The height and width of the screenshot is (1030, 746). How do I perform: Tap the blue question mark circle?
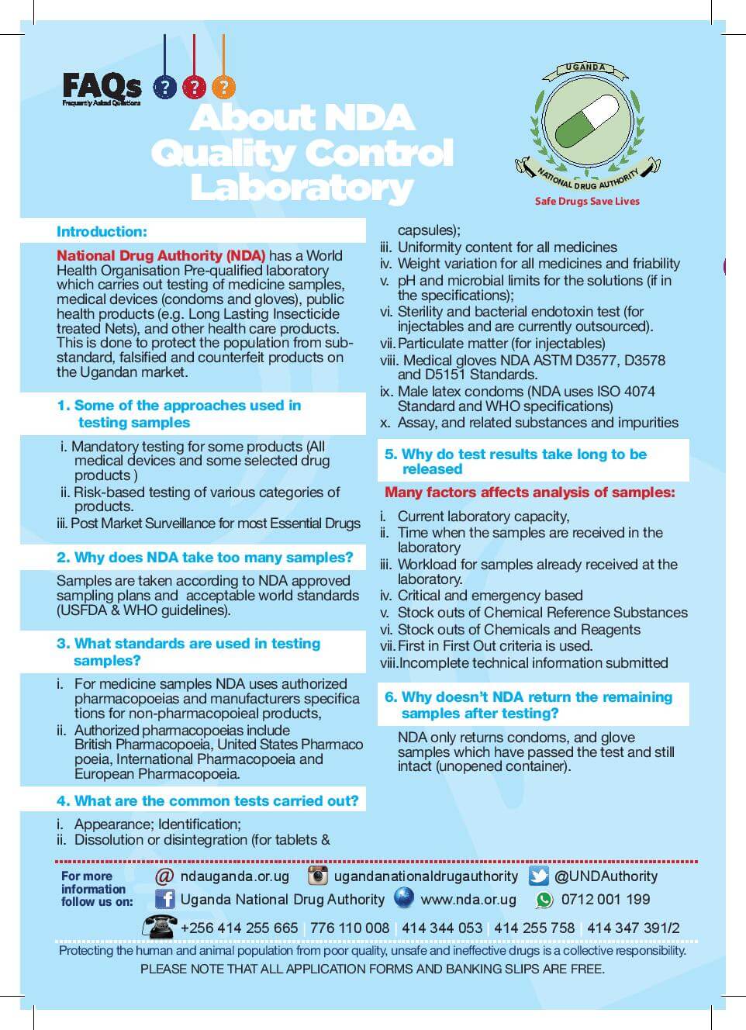pyautogui.click(x=164, y=86)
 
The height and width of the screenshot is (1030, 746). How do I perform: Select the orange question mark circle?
pyautogui.click(x=223, y=86)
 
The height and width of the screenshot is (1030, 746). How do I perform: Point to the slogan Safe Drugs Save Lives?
pyautogui.click(x=587, y=201)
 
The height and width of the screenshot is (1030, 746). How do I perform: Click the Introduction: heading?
pyautogui.click(x=102, y=231)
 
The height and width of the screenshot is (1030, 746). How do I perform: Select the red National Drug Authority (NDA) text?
pyautogui.click(x=161, y=255)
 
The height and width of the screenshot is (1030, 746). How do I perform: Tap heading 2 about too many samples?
pyautogui.click(x=205, y=558)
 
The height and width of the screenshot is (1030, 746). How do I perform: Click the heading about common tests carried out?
pyautogui.click(x=207, y=800)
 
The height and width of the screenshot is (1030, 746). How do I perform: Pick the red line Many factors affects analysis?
pyautogui.click(x=530, y=493)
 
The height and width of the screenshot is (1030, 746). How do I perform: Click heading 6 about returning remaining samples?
pyautogui.click(x=529, y=705)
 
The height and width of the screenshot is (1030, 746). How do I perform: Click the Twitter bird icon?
pyautogui.click(x=539, y=876)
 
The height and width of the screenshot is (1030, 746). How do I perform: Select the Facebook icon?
pyautogui.click(x=164, y=900)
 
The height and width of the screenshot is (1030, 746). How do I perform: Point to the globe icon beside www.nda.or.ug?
pyautogui.click(x=404, y=899)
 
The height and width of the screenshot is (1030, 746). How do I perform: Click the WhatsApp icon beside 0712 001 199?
pyautogui.click(x=544, y=900)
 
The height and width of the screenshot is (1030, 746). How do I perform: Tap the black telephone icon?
pyautogui.click(x=159, y=926)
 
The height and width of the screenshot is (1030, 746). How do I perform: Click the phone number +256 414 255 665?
pyautogui.click(x=239, y=928)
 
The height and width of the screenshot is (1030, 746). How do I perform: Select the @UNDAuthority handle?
pyautogui.click(x=606, y=876)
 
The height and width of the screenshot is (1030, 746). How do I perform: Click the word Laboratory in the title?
pyautogui.click(x=301, y=188)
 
